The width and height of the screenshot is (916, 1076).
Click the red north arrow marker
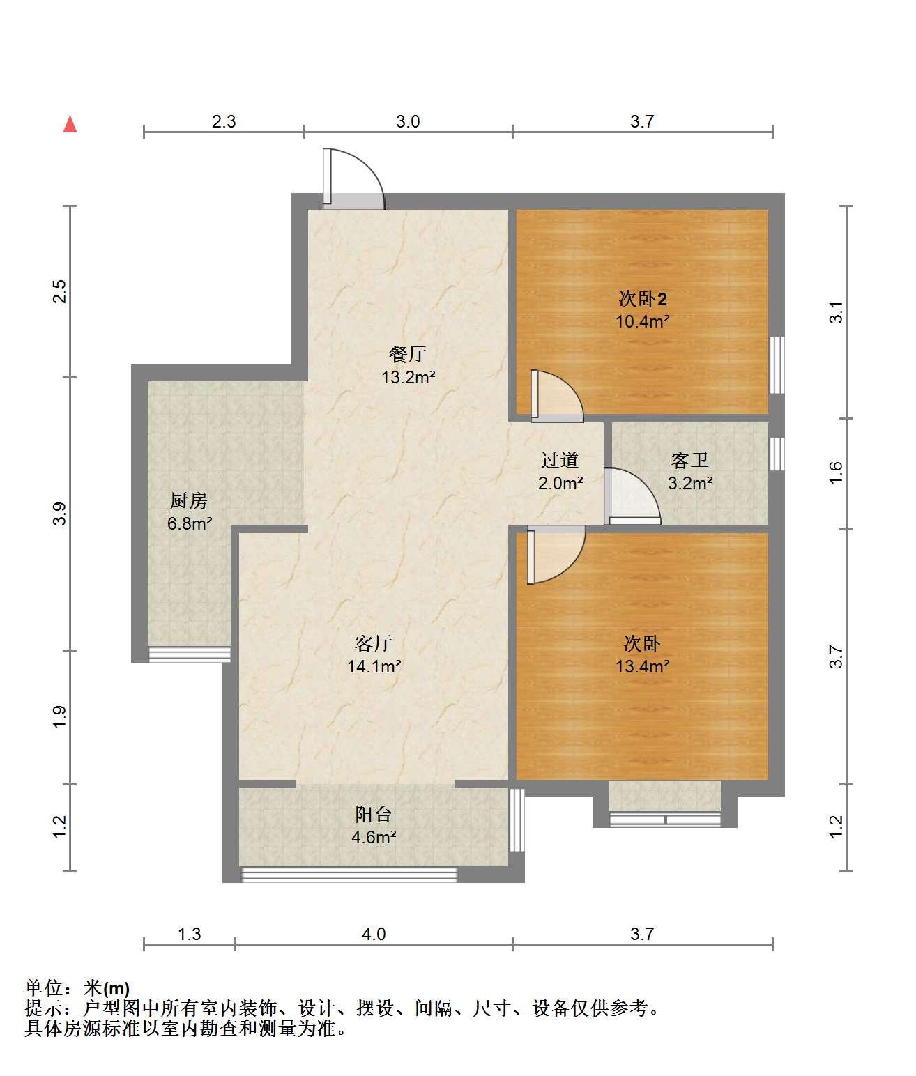click(x=70, y=125)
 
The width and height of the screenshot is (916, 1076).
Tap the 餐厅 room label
click(x=408, y=354)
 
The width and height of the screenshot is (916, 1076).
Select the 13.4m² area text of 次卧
click(x=643, y=666)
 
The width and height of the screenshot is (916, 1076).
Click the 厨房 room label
click(x=189, y=500)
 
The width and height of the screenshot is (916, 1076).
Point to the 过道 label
click(x=560, y=460)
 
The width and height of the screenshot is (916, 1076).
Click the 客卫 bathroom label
click(x=690, y=460)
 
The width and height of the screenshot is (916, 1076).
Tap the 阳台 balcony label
click(x=374, y=814)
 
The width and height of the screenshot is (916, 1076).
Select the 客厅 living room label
click(x=374, y=644)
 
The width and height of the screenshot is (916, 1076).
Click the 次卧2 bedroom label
click(x=643, y=299)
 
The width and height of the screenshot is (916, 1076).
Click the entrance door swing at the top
click(x=353, y=178)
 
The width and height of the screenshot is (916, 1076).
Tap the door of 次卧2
click(x=557, y=396)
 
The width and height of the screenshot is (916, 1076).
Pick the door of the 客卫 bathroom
click(x=632, y=496)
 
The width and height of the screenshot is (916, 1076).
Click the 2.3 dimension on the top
click(x=224, y=121)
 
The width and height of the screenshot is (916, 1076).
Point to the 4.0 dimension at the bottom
click(x=374, y=934)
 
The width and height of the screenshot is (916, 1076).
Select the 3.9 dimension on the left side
click(x=60, y=514)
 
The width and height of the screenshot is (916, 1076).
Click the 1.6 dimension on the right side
click(x=836, y=473)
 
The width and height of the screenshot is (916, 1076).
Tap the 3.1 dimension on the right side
click(x=836, y=312)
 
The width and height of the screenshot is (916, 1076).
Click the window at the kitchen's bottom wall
click(x=190, y=655)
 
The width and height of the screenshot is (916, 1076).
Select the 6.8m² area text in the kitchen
click(x=190, y=523)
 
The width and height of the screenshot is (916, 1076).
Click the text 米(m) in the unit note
click(x=107, y=988)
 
